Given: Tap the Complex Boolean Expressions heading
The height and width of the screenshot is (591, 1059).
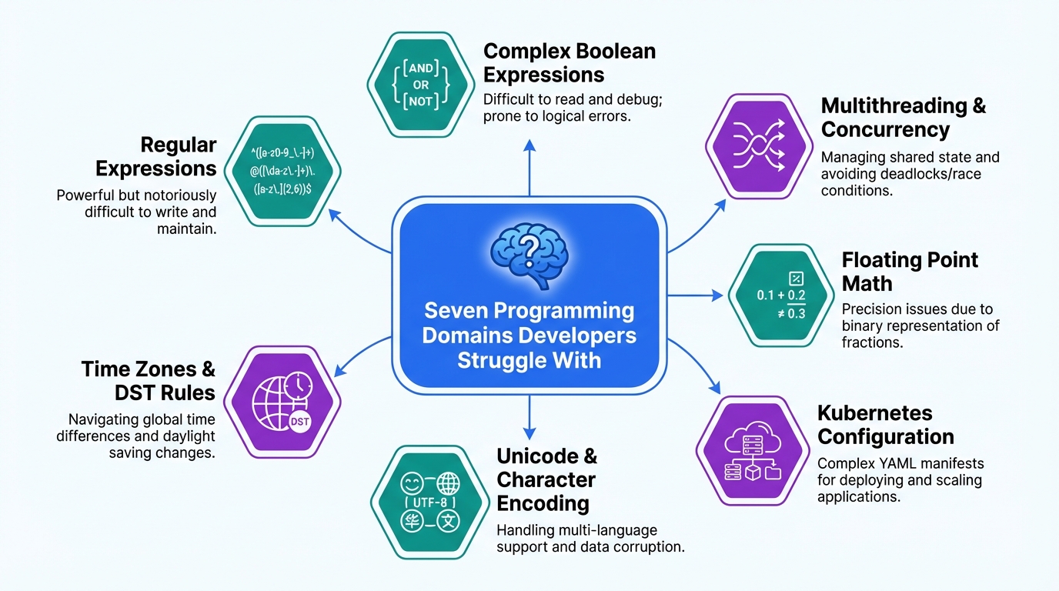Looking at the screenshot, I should (x=569, y=63).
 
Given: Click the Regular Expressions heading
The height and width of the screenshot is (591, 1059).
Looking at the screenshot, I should (x=166, y=156).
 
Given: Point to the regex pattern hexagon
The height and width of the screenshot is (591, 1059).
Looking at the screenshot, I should (x=284, y=170).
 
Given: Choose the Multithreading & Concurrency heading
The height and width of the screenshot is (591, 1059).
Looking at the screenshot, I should (x=903, y=117).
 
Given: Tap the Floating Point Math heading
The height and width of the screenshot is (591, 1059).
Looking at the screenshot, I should (x=910, y=271).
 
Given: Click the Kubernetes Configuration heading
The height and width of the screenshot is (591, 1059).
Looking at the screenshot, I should (x=885, y=425).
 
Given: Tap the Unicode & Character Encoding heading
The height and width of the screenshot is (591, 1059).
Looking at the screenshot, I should (x=546, y=479).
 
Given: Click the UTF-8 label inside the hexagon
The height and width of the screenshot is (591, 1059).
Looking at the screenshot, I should (x=431, y=502).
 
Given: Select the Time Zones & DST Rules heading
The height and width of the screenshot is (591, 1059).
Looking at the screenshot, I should (x=148, y=381).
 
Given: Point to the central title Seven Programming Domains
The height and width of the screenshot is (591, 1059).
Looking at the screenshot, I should (x=529, y=336).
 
